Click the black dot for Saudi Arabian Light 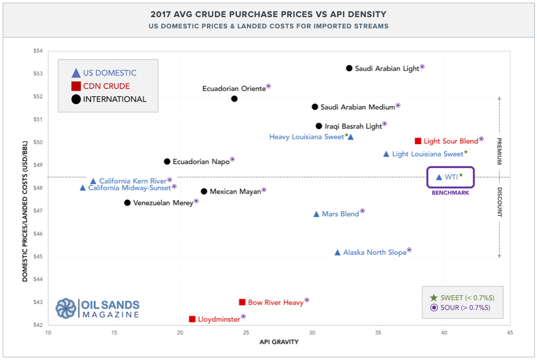coord(349,68)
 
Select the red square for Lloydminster coord(192,319)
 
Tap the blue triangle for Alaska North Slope coord(337,252)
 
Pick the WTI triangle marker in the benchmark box coord(439,177)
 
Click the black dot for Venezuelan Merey coord(127,202)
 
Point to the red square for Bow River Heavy coord(242,302)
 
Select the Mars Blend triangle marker coord(316,214)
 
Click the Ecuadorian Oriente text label coord(234,88)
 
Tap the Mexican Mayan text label coord(235,191)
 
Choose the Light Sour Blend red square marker coord(417,141)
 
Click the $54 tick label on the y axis coord(37,51)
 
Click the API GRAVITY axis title coord(279,342)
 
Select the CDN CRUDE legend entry coord(106,86)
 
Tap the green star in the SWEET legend coord(433,298)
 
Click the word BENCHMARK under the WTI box coord(450,192)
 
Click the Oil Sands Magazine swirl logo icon coord(66,309)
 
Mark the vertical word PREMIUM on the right coord(499,152)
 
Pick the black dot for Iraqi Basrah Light coord(319,126)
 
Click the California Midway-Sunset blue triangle coord(83,188)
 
